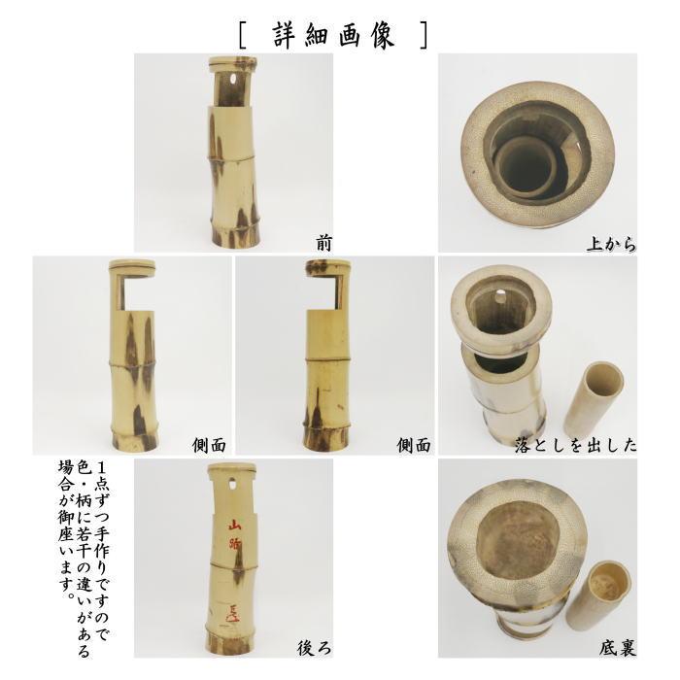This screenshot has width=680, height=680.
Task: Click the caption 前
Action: pyautogui.click(x=323, y=243)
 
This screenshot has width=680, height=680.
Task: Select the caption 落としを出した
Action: pyautogui.click(x=576, y=446)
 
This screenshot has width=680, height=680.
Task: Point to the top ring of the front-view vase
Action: pyautogui.click(x=233, y=65)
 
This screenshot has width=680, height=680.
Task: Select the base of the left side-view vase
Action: pyautogui.click(x=132, y=438)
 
